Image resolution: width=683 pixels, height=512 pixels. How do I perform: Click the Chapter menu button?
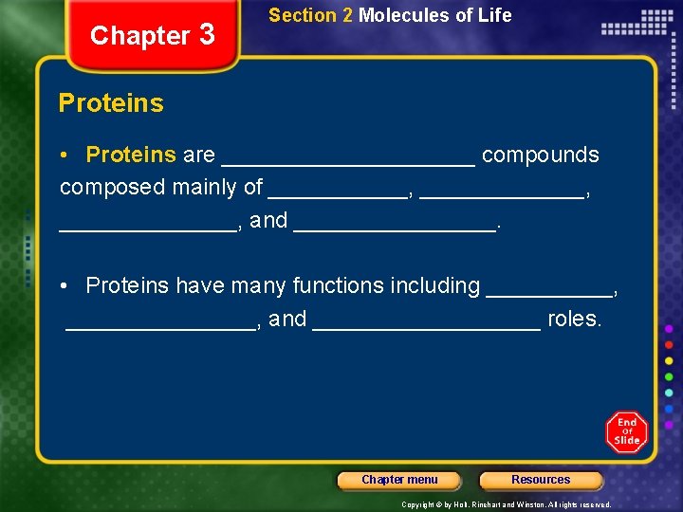click(399, 480)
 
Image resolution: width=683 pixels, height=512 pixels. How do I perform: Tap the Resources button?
click(541, 480)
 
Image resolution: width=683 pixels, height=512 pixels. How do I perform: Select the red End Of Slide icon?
click(627, 431)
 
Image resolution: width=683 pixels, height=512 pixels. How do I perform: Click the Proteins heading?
click(111, 103)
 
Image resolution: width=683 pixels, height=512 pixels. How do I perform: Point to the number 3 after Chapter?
click(208, 35)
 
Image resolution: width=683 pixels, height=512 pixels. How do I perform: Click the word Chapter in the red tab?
click(139, 36)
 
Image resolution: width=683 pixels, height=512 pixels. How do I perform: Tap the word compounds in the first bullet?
click(541, 155)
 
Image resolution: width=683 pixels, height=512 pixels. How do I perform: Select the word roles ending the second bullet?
click(575, 319)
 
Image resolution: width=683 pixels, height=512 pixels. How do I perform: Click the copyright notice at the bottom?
click(506, 504)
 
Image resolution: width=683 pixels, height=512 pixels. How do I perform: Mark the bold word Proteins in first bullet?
click(131, 155)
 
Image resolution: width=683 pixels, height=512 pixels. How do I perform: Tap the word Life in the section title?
click(496, 15)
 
